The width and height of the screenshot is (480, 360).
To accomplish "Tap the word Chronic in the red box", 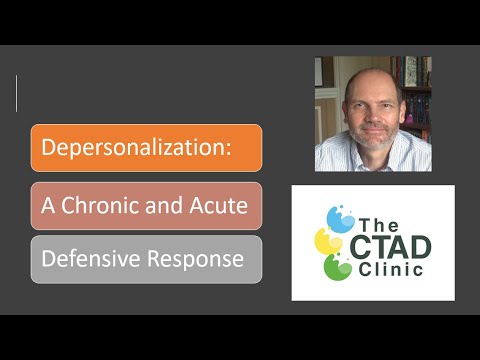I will pos(103,205).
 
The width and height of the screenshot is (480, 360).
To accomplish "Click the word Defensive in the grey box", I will pos(85,259).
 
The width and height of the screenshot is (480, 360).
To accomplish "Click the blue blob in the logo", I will pos(339,216).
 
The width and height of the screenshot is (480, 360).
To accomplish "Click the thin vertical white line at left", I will pos(17,93).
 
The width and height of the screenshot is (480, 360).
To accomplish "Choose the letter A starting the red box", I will pos(48,205).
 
